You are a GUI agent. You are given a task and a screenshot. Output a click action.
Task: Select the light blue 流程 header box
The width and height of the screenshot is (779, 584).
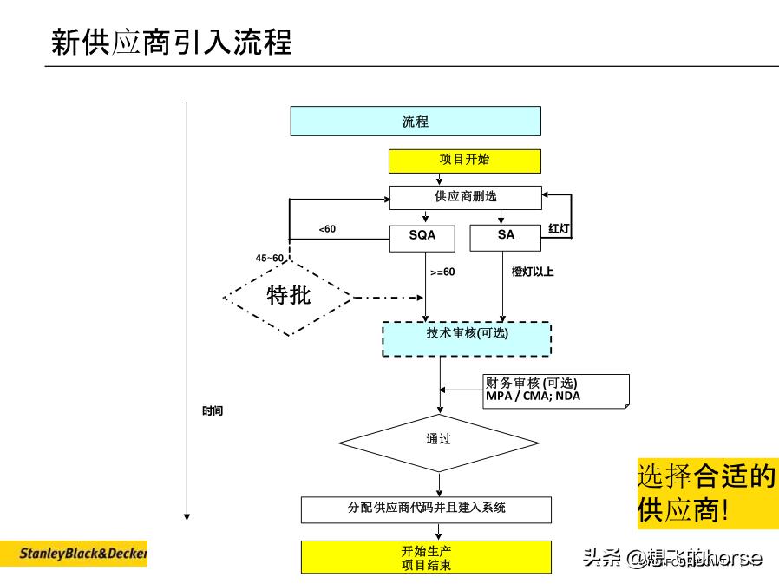click(x=415, y=121)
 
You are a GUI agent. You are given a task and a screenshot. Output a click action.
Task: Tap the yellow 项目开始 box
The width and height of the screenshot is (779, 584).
click(x=464, y=161)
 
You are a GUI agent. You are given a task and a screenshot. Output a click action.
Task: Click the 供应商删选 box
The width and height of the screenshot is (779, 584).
click(x=465, y=197)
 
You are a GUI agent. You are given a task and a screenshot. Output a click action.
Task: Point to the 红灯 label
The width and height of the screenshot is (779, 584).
click(x=560, y=229)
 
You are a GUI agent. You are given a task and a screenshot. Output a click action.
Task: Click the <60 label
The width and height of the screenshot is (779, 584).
click(x=326, y=229)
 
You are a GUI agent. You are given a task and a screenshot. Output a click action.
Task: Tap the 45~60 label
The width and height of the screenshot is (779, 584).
click(x=269, y=259)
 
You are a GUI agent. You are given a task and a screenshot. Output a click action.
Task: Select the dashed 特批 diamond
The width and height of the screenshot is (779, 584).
click(x=288, y=297)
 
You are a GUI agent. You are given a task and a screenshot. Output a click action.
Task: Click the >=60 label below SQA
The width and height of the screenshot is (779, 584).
click(x=442, y=272)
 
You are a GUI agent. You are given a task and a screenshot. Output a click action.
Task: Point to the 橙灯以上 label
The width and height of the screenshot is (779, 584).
click(x=532, y=272)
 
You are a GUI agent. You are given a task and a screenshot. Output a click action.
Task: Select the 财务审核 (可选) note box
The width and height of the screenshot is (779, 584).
click(x=555, y=390)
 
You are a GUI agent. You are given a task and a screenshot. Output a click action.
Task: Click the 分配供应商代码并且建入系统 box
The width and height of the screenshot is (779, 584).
click(x=426, y=509)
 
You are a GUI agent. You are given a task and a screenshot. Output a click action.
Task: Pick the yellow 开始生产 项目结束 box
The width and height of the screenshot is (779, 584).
click(x=426, y=557)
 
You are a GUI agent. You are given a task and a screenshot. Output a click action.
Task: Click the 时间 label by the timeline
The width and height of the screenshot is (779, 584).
click(x=213, y=410)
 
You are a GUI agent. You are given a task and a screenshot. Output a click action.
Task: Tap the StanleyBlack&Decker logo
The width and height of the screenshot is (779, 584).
click(x=74, y=553)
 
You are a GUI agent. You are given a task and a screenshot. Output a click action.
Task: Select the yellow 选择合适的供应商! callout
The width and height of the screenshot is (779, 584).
click(x=707, y=493)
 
